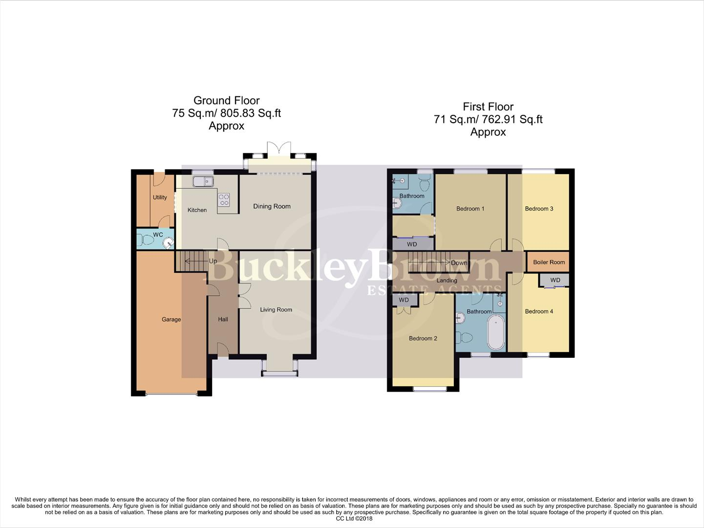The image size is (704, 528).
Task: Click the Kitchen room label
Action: pos(197,210)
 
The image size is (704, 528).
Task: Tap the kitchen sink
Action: pos(202,182)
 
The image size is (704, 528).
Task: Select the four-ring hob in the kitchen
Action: pos(224,199)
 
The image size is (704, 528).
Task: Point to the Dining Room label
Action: pos(272,206)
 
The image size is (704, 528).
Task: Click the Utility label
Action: pos(160,198)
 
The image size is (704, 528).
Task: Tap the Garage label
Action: pos(171,320)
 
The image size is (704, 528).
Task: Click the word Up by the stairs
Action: pos(213,261)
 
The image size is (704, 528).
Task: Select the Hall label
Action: pos(223,320)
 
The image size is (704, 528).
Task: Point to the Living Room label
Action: pos(276,309)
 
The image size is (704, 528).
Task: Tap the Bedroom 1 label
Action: pos(470,209)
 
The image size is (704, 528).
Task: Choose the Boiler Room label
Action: pos(549,263)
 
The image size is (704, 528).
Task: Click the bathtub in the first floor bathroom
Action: pos(496,332)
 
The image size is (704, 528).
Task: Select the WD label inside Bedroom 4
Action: pos(555,281)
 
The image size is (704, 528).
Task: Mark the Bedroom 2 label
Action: pos(423,338)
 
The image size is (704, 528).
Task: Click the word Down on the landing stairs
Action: pos(459,263)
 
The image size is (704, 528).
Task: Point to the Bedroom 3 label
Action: pos(539,209)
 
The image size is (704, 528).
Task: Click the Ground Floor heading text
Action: pos(226,101)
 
